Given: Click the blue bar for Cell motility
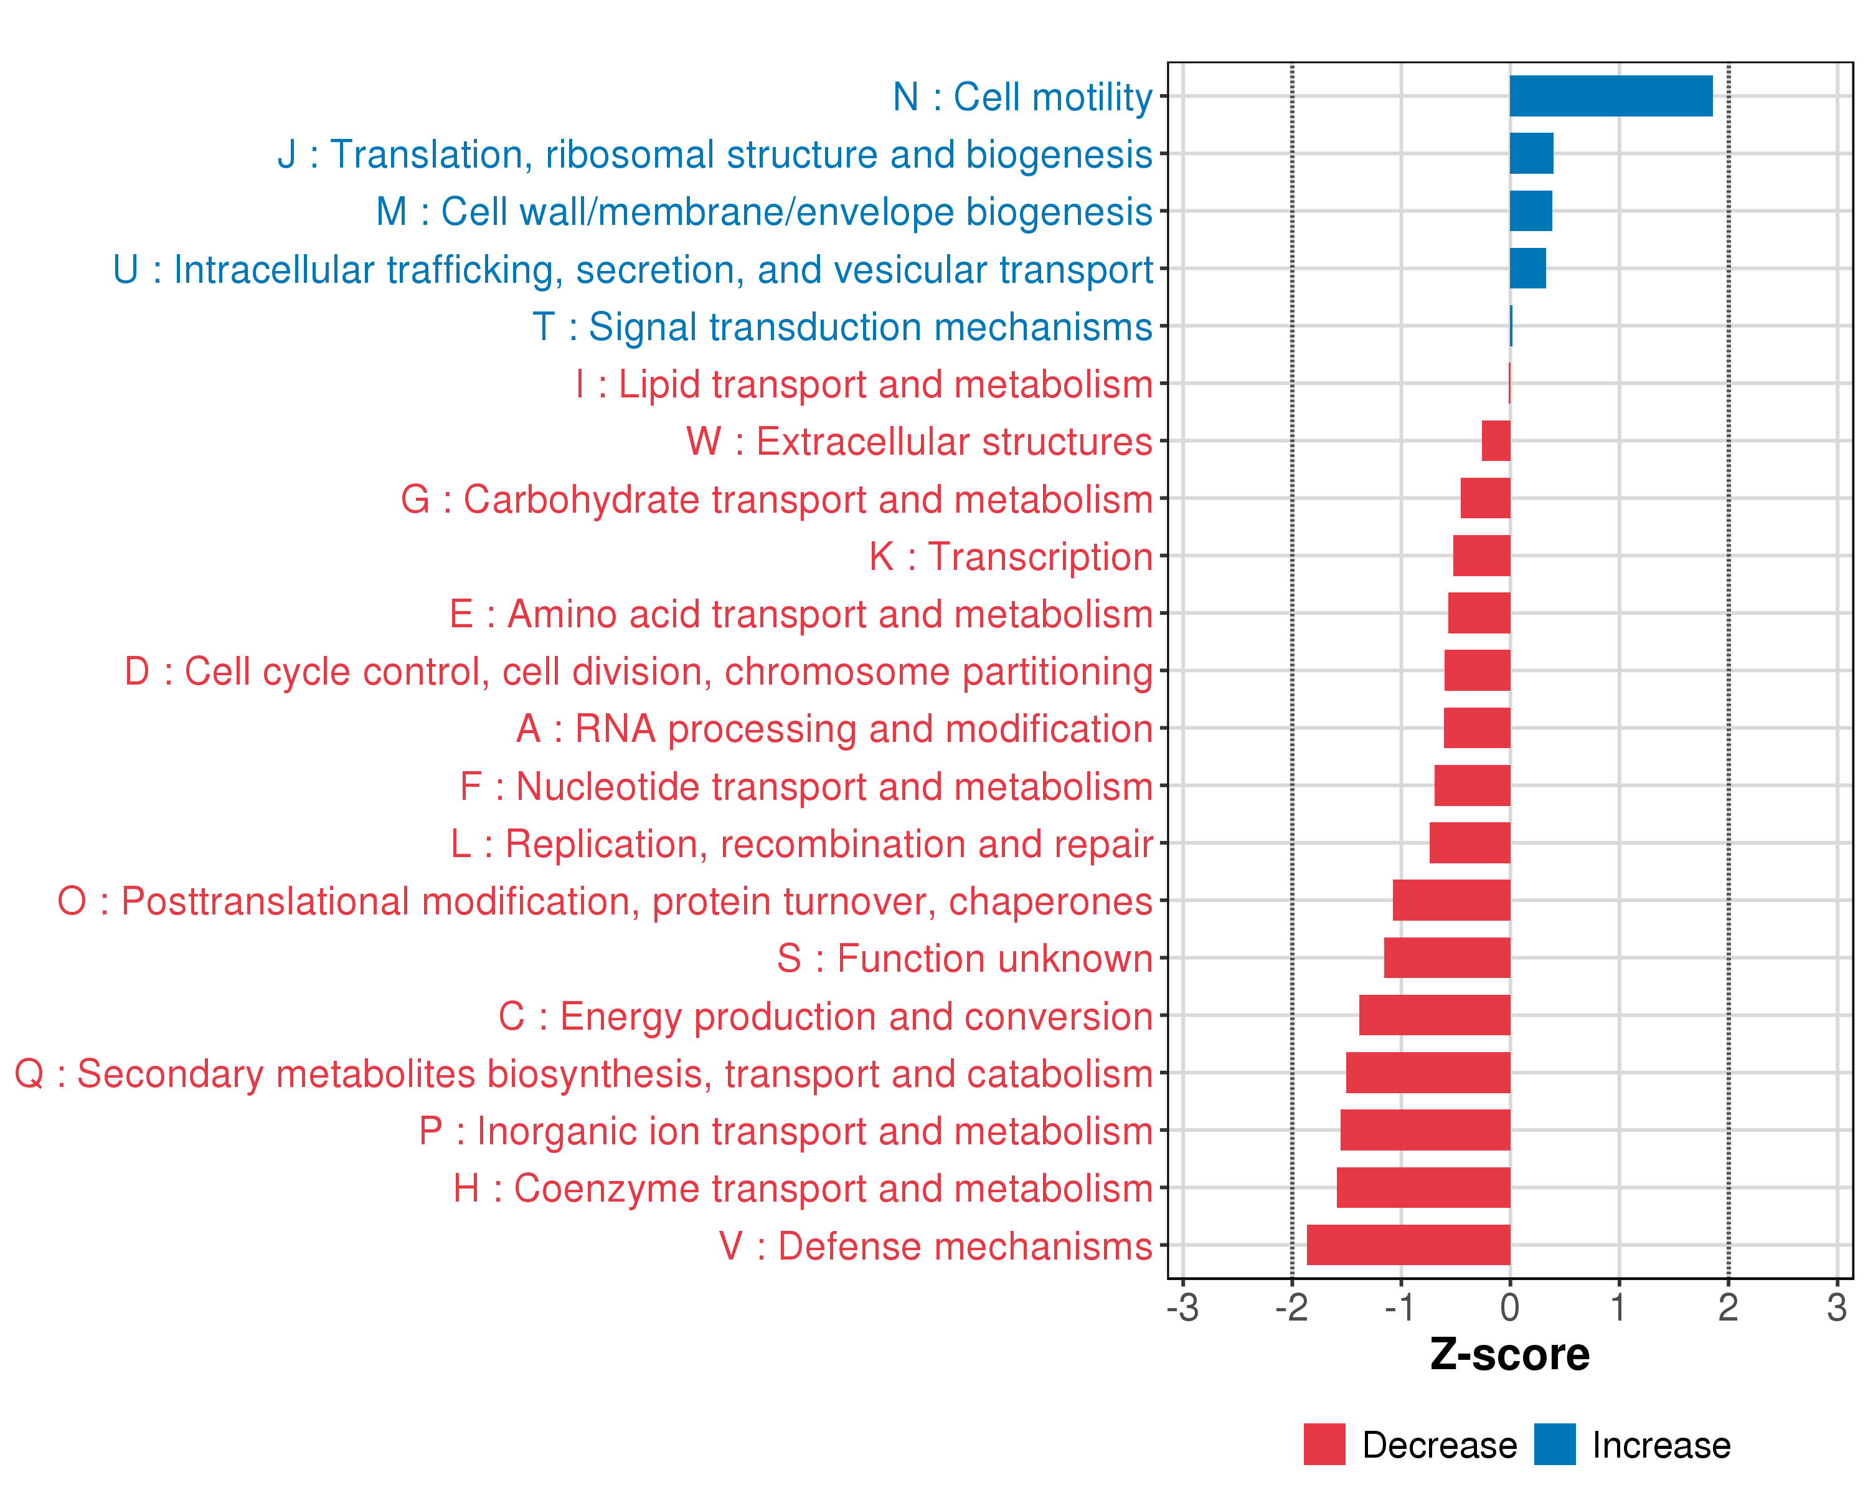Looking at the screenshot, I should [1611, 96].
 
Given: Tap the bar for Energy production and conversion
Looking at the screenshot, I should [1434, 1015].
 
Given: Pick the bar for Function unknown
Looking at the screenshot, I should [1447, 957].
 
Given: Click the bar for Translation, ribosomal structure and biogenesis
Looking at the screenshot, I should [1531, 153].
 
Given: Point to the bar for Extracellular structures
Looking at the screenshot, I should [1496, 441].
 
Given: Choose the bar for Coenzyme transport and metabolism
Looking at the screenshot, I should [1423, 1187].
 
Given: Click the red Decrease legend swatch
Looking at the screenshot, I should [1324, 1444].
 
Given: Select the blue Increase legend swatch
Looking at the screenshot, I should [1554, 1444].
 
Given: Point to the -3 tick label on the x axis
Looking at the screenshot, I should [1182, 1307].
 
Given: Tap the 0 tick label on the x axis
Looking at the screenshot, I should [1509, 1307].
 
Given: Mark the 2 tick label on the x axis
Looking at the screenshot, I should [1728, 1307].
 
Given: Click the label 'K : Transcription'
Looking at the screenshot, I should [1010, 556].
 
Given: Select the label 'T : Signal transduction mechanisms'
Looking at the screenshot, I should [842, 327].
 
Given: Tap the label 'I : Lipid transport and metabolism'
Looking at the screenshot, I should [864, 384].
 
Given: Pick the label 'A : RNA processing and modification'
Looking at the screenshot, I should [834, 729].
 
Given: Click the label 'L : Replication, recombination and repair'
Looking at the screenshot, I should [801, 843].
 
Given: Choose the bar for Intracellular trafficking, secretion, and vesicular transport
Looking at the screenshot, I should [1527, 268].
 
